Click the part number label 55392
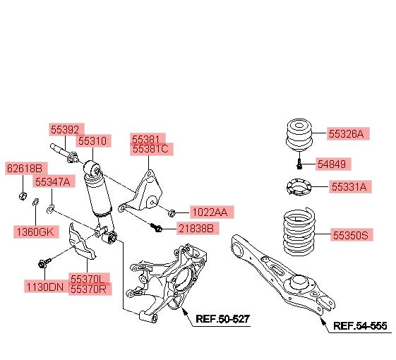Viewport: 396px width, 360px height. tap(65, 130)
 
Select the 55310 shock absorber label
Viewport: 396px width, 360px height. tap(92, 140)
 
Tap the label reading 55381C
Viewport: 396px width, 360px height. tap(150, 149)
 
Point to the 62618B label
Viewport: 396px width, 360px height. tap(25, 168)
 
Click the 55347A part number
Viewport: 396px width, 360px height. tap(52, 181)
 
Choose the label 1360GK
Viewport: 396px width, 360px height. tap(35, 232)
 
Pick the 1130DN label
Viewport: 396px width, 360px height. tap(45, 287)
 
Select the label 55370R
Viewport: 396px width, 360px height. tap(88, 289)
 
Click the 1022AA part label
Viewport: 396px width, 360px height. tap(210, 212)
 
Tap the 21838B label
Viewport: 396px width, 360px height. tap(196, 229)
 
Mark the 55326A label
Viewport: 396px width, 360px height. tap(347, 134)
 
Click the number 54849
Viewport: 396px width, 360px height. tap(332, 164)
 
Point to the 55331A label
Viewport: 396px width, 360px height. tap(349, 187)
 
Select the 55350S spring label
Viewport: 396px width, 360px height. tap(351, 235)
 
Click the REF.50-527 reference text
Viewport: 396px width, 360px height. tap(223, 319)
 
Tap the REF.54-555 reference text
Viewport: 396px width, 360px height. tap(360, 326)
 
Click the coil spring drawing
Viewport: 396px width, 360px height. tap(299, 232)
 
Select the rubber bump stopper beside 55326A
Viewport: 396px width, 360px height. tap(299, 135)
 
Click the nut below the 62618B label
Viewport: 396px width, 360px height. tap(23, 196)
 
